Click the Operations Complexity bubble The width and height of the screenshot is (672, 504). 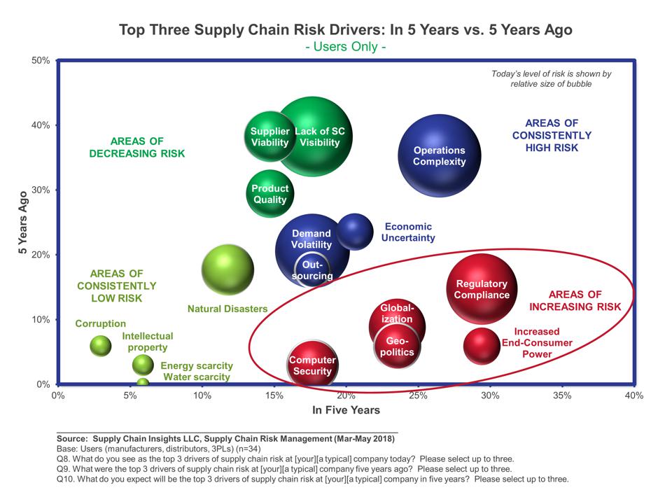coord(439,156)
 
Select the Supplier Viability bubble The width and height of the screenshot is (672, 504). coord(269,137)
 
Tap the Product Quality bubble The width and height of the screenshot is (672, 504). coord(269,194)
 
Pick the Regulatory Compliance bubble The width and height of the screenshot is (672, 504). coord(482,288)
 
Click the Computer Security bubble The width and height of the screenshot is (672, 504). coord(312,365)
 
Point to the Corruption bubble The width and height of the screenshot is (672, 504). coord(101,345)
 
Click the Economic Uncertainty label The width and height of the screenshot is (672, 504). coord(408,232)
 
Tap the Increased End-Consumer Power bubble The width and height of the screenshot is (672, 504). coord(482,344)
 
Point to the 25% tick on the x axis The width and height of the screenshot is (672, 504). coord(418,395)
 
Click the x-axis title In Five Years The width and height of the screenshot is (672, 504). coord(346,409)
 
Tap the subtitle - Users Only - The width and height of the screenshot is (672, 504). coord(346,47)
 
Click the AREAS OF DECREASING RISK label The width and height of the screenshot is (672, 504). coord(137,146)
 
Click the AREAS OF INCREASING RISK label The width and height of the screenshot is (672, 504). coord(575,301)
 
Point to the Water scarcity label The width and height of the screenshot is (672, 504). coord(197,377)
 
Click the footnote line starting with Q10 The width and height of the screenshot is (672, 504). coord(312,479)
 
